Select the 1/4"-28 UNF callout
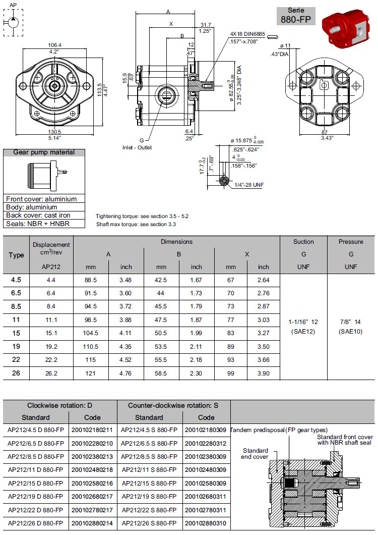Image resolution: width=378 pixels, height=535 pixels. click(x=248, y=185)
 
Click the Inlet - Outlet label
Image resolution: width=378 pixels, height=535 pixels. click(x=137, y=147)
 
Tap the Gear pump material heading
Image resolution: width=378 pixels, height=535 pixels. click(x=43, y=152)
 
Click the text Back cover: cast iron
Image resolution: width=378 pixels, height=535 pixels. click(x=35, y=215)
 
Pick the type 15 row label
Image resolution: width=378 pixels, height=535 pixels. click(x=16, y=333)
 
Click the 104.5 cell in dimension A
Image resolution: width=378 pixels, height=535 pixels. click(x=90, y=333)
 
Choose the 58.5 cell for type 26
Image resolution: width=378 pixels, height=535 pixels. click(x=161, y=373)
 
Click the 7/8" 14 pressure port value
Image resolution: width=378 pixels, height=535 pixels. click(x=351, y=322)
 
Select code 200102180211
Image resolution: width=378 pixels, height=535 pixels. click(x=93, y=430)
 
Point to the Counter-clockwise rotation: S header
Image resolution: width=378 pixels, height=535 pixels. click(x=173, y=405)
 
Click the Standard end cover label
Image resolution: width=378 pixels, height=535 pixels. click(x=255, y=454)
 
